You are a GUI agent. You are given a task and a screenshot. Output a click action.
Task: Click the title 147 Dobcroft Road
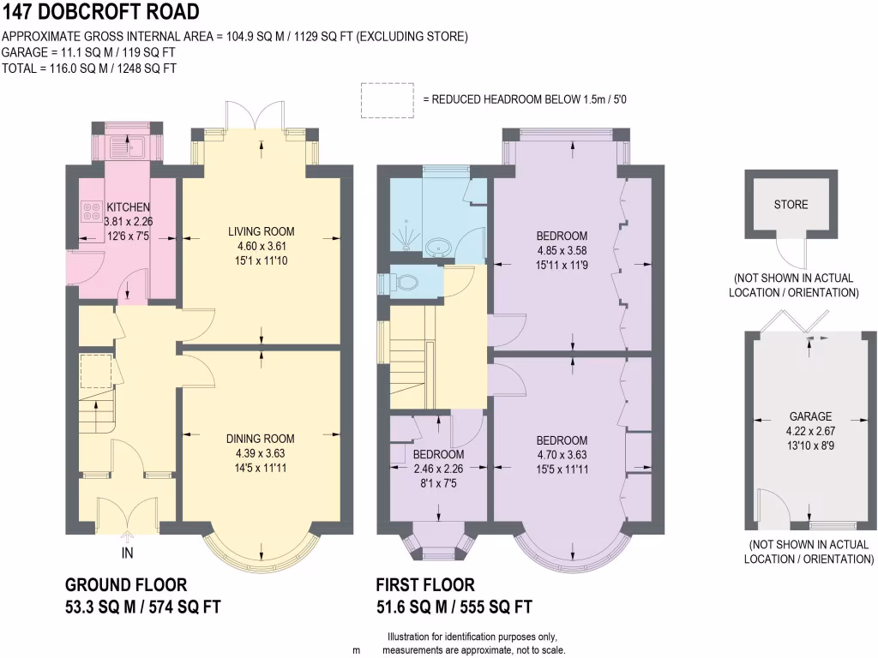coord(101,12)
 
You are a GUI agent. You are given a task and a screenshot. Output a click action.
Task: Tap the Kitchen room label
coord(128,207)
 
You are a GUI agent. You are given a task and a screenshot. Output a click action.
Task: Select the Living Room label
coord(261,231)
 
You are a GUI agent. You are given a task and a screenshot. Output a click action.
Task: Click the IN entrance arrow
coord(127,541)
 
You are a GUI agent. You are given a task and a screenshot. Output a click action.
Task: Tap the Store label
coord(791,205)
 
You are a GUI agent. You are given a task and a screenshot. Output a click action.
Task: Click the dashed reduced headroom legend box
coord(387,99)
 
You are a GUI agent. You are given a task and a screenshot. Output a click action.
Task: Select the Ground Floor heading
coord(126,585)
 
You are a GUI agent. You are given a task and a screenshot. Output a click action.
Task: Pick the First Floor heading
coord(425,585)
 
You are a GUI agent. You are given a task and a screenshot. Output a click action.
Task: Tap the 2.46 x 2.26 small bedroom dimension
coord(438,468)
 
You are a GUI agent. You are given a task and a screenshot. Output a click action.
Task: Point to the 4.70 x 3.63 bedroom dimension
coord(562,455)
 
